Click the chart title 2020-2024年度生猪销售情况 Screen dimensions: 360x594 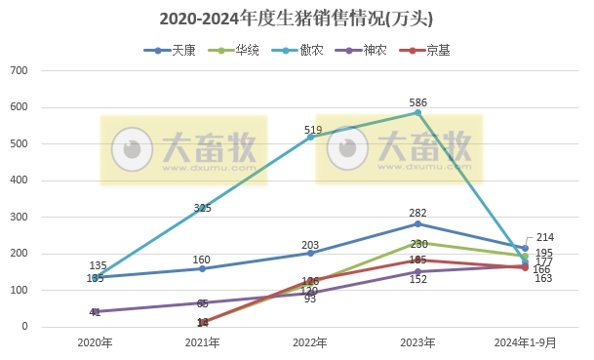coord(296,19)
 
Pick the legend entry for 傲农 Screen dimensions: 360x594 coord(309,50)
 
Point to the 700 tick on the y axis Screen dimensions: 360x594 coord(46,71)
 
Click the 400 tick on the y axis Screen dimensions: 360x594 coord(46,180)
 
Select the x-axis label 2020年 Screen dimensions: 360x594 coord(95,342)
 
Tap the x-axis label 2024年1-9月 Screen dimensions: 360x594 coord(525,342)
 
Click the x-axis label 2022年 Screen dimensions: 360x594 coord(310,342)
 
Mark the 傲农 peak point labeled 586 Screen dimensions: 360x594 coord(417,112)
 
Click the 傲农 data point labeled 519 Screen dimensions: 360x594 coord(310,137)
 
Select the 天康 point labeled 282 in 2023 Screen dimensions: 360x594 coord(417,223)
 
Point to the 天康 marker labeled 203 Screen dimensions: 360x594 coord(310,253)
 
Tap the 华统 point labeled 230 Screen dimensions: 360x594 coord(417,242)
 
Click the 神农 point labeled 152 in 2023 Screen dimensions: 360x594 coord(417,271)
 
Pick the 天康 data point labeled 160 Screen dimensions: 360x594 coord(203,268)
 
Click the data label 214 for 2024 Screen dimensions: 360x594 coord(544,237)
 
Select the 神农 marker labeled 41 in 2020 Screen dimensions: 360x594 coord(95,312)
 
